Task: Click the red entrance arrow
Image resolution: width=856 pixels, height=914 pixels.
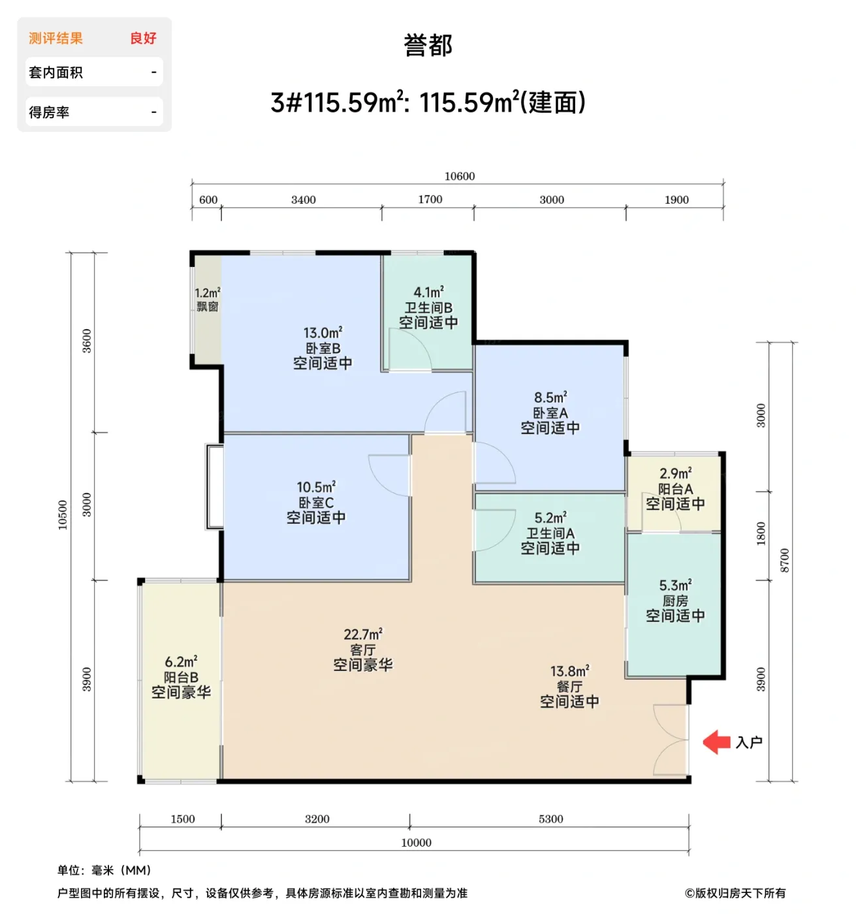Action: coord(716,742)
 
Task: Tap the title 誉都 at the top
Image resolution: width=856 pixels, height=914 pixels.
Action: coord(428,46)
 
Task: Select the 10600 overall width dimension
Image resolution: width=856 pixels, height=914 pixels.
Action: coord(459,176)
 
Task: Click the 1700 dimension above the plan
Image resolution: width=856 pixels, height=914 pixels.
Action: coord(430,199)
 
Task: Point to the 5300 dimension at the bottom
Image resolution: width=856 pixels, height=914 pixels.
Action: coord(550,819)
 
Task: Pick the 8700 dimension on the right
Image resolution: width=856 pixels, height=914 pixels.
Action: coord(784,561)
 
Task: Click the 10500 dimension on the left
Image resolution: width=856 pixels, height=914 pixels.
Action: coord(63,514)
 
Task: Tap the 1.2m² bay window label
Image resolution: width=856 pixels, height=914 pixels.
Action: coord(207,293)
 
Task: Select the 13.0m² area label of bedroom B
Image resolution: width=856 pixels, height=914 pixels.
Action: coord(323,333)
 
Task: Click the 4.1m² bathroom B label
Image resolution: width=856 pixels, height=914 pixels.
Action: coord(428,292)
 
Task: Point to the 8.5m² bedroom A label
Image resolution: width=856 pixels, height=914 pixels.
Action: coord(550,397)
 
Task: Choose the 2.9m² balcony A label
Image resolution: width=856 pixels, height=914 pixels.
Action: coord(675,473)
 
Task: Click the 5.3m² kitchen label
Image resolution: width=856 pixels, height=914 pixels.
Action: coord(675,585)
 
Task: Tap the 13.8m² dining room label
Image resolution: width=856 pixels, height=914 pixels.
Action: coord(569,671)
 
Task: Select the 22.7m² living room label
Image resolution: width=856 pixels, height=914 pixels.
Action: coord(363,634)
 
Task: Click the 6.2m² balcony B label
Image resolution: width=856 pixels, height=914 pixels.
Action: coord(181,662)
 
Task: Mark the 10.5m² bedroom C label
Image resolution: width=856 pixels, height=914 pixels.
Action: coord(316,487)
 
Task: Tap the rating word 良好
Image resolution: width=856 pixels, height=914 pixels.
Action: coord(143,39)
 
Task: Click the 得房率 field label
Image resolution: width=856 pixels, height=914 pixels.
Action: coord(49,112)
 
